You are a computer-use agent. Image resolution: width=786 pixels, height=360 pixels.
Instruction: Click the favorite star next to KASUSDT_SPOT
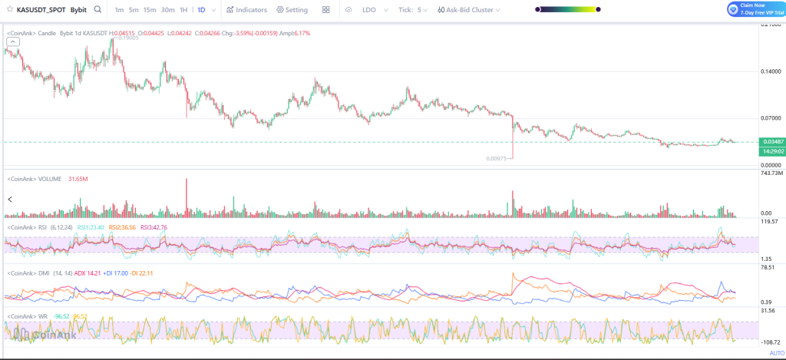click(8, 10)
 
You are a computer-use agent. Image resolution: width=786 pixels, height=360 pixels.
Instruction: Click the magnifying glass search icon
click(97, 10)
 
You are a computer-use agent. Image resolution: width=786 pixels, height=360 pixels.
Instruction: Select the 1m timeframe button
click(119, 10)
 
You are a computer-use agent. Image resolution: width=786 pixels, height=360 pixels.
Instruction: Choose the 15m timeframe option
click(150, 10)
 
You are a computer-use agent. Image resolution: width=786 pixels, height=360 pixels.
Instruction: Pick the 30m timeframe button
click(168, 10)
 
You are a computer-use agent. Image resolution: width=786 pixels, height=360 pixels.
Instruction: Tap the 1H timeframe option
click(184, 10)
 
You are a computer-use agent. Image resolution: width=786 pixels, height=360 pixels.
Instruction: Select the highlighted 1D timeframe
click(201, 10)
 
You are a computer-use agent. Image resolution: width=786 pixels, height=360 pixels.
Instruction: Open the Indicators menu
click(246, 10)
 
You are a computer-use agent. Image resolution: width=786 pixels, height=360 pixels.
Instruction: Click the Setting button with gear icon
click(292, 10)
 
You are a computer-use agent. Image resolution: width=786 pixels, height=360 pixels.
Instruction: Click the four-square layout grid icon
click(326, 10)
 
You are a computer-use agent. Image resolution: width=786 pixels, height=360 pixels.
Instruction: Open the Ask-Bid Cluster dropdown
click(468, 10)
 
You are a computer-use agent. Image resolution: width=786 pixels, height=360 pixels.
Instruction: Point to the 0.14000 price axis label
click(771, 71)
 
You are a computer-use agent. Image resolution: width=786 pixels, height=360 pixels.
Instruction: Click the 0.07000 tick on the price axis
click(771, 118)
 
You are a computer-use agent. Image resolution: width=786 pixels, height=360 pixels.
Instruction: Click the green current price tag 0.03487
click(770, 142)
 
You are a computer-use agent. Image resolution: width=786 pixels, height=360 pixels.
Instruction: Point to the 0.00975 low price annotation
click(496, 158)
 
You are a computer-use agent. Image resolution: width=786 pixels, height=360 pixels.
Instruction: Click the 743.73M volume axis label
click(770, 173)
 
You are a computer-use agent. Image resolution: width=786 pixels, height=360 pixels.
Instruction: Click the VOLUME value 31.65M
click(78, 179)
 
